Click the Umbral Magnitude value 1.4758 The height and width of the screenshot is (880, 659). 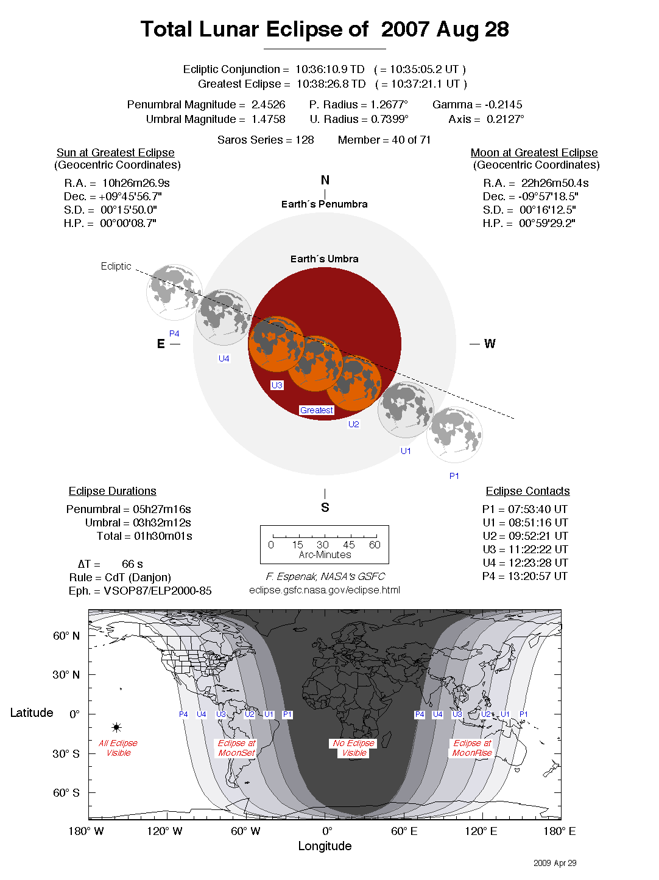[268, 119]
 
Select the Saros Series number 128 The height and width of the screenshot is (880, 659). [305, 140]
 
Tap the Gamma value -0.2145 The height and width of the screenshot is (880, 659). [504, 105]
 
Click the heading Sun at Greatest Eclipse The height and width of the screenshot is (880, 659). [116, 153]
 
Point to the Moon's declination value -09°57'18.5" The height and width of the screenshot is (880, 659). [549, 197]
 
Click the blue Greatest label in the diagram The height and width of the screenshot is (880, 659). [317, 410]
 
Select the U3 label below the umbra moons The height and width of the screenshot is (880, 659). [277, 385]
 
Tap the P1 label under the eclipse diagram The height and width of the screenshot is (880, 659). [454, 476]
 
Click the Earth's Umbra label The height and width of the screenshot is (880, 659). [324, 259]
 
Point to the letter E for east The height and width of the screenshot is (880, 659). [161, 344]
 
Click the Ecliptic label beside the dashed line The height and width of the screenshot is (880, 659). [116, 267]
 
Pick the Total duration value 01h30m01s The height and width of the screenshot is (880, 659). [163, 536]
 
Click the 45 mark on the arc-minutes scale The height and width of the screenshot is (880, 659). [349, 545]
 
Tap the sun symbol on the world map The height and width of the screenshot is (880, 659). [117, 727]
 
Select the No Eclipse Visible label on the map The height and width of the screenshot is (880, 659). [354, 748]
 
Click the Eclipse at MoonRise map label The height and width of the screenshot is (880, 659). [472, 748]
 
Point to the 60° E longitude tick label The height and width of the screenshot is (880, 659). [404, 831]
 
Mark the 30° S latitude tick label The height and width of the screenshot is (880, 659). [66, 753]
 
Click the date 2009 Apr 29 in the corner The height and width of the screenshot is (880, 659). [555, 863]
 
